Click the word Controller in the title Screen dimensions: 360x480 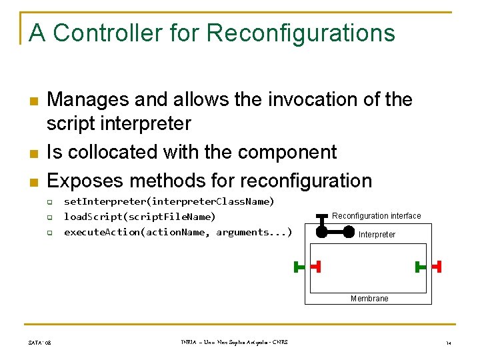(x=106, y=33)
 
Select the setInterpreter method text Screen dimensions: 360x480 (x=169, y=201)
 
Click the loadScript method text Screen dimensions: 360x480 (x=139, y=217)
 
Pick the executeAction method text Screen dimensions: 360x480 (x=177, y=232)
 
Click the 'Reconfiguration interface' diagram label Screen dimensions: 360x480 (x=376, y=216)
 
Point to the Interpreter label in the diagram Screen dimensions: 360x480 (x=377, y=235)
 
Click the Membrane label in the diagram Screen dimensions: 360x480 (x=369, y=299)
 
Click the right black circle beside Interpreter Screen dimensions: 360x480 (x=349, y=232)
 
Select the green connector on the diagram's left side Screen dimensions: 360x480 (x=299, y=267)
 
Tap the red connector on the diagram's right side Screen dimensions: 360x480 (x=437, y=267)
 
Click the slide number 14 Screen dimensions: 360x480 (x=449, y=343)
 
